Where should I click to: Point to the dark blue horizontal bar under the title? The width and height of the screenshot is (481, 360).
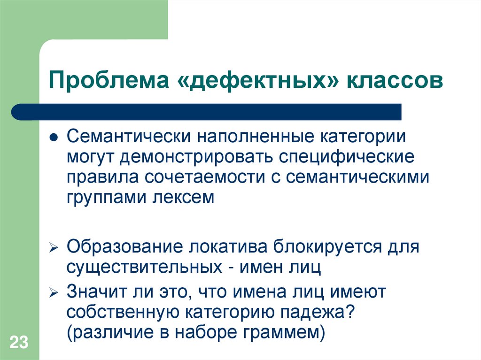click(207, 112)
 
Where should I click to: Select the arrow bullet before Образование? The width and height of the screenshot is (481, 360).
click(54, 247)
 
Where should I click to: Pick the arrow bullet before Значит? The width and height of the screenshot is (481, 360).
click(54, 292)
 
